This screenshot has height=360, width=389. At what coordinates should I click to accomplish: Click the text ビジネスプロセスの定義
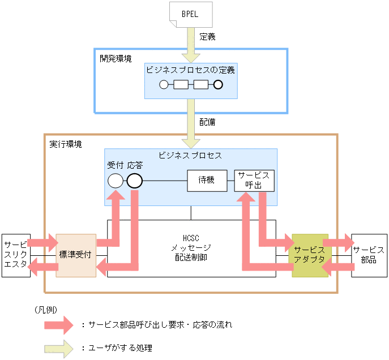(x=190, y=70)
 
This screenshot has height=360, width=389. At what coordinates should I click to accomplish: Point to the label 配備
(x=207, y=121)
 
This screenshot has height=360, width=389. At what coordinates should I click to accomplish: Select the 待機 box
(x=207, y=181)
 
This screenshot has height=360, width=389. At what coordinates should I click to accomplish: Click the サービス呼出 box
(x=254, y=181)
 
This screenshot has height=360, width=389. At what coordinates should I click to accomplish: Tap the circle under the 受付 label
(x=115, y=181)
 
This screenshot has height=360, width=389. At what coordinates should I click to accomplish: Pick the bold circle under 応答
(x=134, y=181)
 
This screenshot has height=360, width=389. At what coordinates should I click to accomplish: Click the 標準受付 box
(x=76, y=255)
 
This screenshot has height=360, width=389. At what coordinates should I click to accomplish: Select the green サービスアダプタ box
(x=310, y=255)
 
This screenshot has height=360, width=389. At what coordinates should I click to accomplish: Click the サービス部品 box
(x=369, y=255)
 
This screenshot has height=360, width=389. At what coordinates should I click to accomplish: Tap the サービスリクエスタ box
(x=15, y=255)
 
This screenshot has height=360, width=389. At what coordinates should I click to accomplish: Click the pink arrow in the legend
(x=59, y=325)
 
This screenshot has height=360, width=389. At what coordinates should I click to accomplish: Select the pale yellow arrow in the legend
(x=59, y=348)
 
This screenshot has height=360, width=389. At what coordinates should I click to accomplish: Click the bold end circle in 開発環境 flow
(x=217, y=85)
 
